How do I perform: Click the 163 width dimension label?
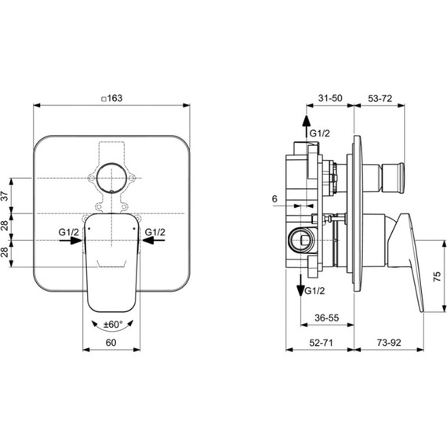click(x=114, y=98)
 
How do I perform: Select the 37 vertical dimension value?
click(x=5, y=196)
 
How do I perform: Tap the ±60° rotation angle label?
click(x=113, y=325)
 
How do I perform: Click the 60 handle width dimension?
click(x=111, y=343)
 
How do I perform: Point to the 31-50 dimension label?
click(x=330, y=98)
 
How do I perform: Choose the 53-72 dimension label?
click(x=380, y=99)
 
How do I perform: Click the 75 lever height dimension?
click(x=437, y=277)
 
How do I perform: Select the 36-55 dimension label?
click(x=327, y=318)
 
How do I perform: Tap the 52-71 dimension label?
click(x=321, y=343)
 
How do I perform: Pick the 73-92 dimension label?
click(x=389, y=343)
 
